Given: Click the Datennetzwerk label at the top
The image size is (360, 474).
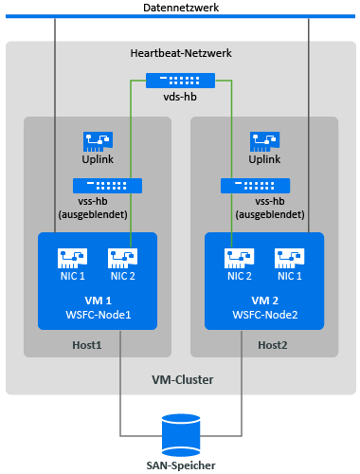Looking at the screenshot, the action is tap(181, 8).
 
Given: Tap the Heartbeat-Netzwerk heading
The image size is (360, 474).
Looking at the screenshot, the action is tap(181, 53).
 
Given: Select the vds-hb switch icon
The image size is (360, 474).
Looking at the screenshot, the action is tap(180, 81).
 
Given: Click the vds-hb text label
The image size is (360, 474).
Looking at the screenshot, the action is tap(180, 97).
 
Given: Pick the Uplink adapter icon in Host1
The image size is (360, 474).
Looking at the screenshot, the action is tap(98, 141).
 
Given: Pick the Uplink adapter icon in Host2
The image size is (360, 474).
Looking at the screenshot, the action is tap(264, 141).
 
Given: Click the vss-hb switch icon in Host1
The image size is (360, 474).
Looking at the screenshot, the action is tap(107, 186).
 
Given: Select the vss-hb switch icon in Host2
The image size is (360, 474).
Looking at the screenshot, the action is tap(255, 186).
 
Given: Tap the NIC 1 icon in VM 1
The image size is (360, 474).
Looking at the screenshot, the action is tap(72, 258).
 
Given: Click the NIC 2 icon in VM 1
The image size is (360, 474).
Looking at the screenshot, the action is tap(122, 258).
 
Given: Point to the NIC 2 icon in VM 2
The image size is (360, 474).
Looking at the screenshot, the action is tap(239, 258).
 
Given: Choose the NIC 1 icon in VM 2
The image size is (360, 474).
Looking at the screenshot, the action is tap(289, 258).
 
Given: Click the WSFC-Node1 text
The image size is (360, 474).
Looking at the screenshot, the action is tap(99, 315).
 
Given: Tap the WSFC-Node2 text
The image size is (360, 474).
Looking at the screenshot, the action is tap(265, 315).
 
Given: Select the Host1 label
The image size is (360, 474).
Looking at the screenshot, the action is tap(87, 345).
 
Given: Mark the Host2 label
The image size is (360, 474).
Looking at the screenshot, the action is tap(273, 345).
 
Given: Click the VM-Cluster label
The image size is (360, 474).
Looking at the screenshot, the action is tap(183, 379).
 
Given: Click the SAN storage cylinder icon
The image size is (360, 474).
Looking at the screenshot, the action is tap(181, 435).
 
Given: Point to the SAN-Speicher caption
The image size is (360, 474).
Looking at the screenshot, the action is tap(181, 465).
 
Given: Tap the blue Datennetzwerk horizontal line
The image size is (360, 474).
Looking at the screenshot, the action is tap(180, 16).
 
